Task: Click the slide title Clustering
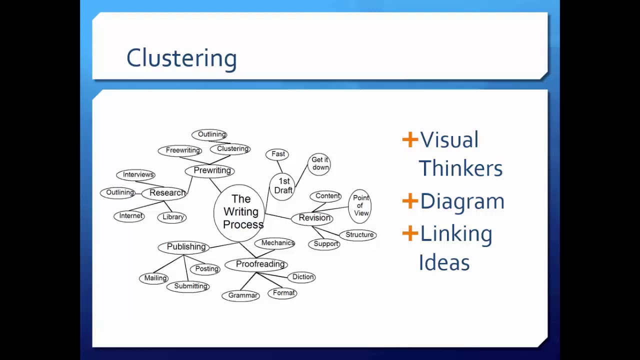click(181, 58)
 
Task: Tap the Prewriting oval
click(210, 170)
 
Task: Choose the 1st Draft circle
click(282, 186)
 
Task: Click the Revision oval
click(313, 218)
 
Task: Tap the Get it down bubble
click(319, 163)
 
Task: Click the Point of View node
click(360, 205)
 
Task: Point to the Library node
click(173, 217)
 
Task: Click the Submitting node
click(189, 286)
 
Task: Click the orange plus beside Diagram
click(410, 201)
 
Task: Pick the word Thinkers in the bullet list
click(460, 168)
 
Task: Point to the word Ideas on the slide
click(444, 263)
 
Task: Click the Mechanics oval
click(277, 243)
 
